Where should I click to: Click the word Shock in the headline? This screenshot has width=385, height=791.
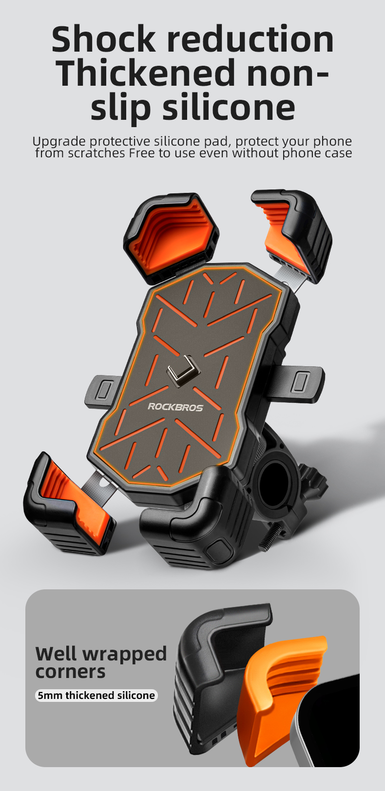tap(103, 38)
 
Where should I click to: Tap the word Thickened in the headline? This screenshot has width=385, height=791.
tap(146, 73)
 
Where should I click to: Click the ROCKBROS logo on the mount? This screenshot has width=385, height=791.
tap(175, 407)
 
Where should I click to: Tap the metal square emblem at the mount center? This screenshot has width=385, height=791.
tap(183, 370)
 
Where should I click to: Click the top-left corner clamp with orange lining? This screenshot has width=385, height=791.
tap(171, 237)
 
